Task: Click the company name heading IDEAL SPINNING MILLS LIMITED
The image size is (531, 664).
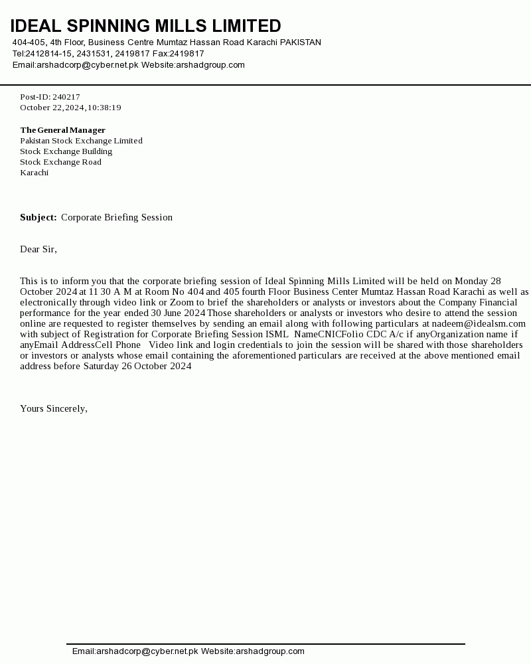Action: (x=145, y=26)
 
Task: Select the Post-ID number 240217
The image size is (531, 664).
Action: (x=66, y=97)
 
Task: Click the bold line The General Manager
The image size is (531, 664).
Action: (x=62, y=130)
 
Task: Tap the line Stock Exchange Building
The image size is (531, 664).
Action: (x=66, y=151)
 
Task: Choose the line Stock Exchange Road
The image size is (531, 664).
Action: (x=60, y=162)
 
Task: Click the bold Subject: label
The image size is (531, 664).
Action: (x=38, y=217)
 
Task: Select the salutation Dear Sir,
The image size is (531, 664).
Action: (x=38, y=249)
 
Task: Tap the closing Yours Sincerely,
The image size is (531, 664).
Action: (x=54, y=408)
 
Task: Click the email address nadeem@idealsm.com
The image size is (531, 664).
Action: (x=479, y=323)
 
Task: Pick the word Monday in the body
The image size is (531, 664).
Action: (x=471, y=281)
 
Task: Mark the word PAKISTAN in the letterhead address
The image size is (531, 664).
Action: (x=300, y=42)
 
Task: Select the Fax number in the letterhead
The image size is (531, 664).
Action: (x=187, y=54)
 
